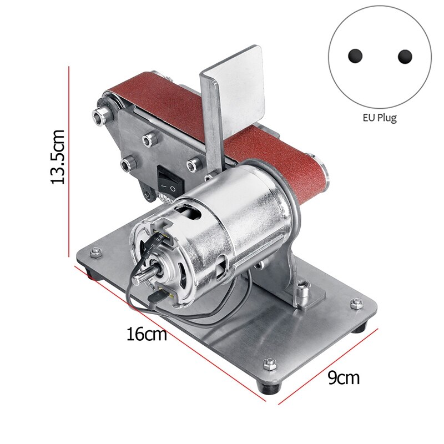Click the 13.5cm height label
[59, 157]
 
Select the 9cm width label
[343, 379]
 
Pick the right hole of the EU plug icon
[405, 56]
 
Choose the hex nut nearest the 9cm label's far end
[355, 303]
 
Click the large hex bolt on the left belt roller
[100, 115]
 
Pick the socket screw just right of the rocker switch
[193, 164]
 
